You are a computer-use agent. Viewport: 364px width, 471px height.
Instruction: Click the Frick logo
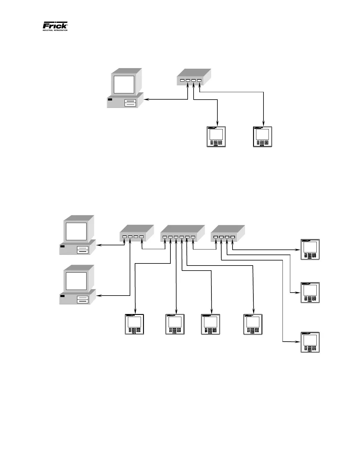point(55,25)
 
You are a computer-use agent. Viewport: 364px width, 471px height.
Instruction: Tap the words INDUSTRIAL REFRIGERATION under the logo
point(55,30)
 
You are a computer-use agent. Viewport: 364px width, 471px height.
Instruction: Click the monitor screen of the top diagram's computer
point(123,84)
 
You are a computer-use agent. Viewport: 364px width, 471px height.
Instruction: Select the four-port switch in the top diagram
point(194,78)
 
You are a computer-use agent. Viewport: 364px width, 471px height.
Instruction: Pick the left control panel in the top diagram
point(216,137)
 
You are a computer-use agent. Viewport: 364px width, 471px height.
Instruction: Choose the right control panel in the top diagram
point(263,137)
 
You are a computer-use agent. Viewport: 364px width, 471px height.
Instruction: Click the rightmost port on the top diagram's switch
point(199,81)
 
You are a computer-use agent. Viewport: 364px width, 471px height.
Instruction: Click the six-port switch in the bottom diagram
point(182,234)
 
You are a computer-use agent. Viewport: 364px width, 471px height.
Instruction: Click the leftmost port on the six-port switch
point(165,237)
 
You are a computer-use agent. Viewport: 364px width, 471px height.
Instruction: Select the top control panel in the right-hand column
point(310,249)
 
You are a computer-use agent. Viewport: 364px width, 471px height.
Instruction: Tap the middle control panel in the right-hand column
point(310,293)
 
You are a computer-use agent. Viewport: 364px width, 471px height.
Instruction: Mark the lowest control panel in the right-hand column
point(310,342)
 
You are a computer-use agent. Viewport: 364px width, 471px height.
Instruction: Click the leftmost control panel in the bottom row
point(134,324)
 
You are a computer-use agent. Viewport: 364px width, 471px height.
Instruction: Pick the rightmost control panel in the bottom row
point(253,324)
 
